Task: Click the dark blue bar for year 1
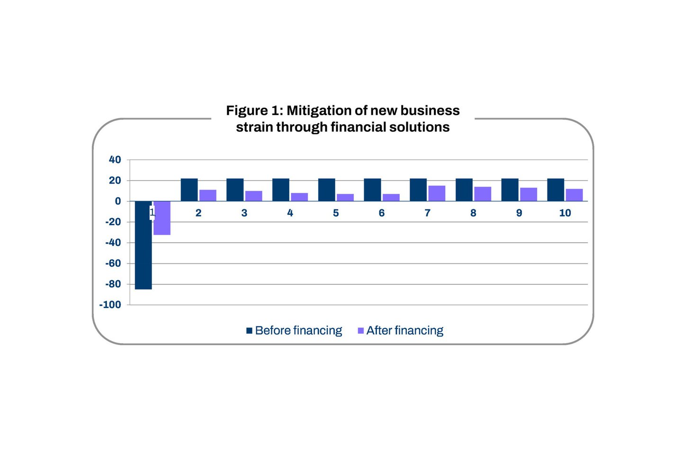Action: [x=143, y=245]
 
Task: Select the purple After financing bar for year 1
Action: [x=162, y=218]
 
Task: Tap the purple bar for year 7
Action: [x=437, y=193]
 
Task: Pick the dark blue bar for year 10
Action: [x=556, y=190]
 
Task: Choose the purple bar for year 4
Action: [x=299, y=197]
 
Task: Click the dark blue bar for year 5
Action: [x=326, y=190]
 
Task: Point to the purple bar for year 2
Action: [x=208, y=195]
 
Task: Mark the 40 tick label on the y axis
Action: [x=115, y=160]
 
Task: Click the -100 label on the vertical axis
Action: [x=110, y=305]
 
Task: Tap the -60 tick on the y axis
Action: [x=113, y=263]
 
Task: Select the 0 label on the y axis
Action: [x=118, y=201]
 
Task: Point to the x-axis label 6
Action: [x=382, y=213]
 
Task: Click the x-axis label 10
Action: [x=565, y=213]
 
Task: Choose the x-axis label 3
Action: [x=244, y=213]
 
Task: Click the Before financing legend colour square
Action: [x=249, y=330]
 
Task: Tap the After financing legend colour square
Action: [x=361, y=330]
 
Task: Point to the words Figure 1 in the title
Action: [x=254, y=110]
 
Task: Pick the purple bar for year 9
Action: [x=529, y=194]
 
